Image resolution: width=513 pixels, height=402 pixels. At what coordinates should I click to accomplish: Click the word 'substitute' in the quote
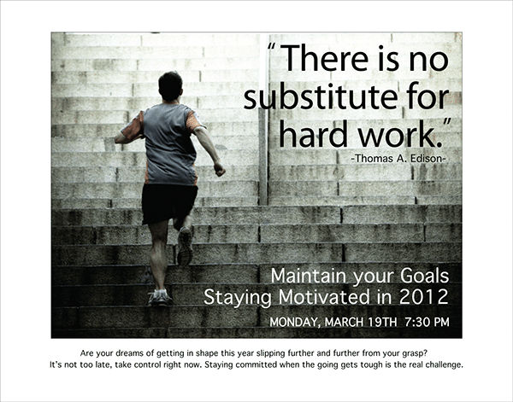point(312,96)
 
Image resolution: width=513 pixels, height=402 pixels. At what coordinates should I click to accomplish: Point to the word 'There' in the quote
point(329,58)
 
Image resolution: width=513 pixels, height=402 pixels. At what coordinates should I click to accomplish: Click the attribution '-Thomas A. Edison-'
point(398,160)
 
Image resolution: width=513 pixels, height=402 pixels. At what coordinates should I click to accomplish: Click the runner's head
point(170,85)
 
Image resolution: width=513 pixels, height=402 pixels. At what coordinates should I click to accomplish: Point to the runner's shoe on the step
point(159,297)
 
